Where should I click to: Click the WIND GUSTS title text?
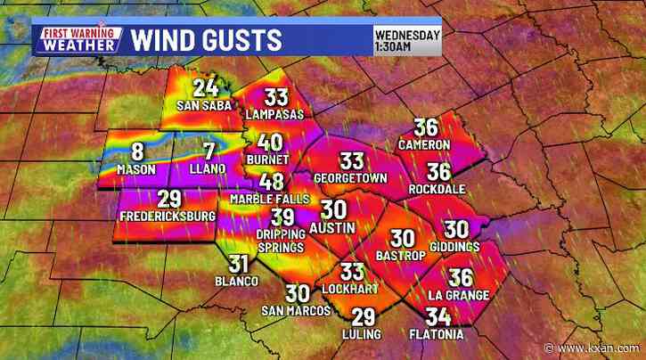pos(207,39)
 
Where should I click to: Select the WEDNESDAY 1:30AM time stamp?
pos(408,40)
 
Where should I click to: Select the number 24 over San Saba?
pos(206,88)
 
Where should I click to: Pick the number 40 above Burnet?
pos(271,143)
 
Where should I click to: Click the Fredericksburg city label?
pos(165,217)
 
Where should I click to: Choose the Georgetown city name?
pos(350,178)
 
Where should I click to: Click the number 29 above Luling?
pos(363,317)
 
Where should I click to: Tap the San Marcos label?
pos(296,311)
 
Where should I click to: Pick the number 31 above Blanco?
pos(238,264)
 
